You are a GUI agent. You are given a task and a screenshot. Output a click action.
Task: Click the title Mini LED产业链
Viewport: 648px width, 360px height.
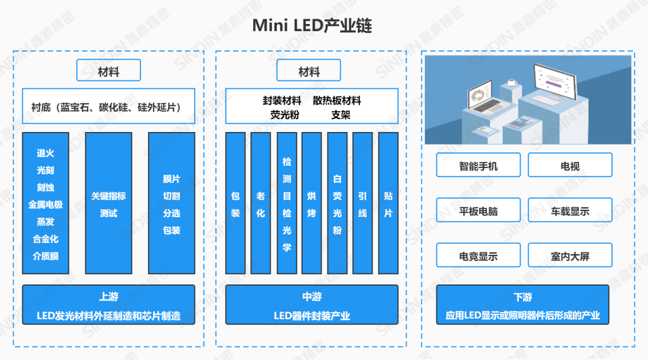[x=312, y=26]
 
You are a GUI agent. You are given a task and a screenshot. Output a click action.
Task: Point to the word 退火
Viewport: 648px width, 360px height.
[x=46, y=154]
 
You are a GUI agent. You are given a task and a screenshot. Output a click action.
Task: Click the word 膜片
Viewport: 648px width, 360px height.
[x=172, y=179]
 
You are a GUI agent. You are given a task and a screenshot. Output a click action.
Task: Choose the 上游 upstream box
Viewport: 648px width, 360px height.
[x=109, y=305]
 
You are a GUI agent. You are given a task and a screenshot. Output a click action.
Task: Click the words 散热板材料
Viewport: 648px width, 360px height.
[x=337, y=101]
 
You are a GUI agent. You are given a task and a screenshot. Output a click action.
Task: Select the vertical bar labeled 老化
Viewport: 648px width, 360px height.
[x=260, y=203]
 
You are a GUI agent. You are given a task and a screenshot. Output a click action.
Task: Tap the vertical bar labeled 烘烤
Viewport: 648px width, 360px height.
[x=311, y=203]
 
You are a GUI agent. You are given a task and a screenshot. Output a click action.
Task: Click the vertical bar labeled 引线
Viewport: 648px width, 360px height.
[x=362, y=203]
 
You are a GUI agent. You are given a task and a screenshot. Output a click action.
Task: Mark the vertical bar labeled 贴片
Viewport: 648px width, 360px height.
[x=388, y=203]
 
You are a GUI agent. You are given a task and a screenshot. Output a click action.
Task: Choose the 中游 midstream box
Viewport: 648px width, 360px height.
[x=311, y=305]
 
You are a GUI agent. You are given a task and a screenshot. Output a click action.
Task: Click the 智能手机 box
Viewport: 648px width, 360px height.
[x=478, y=165]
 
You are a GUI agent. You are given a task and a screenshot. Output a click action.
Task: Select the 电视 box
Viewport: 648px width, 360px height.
[x=570, y=165]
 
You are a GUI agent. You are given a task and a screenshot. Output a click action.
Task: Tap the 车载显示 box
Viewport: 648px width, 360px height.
[x=570, y=211]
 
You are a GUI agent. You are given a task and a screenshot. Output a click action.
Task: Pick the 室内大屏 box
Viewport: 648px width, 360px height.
[x=570, y=256]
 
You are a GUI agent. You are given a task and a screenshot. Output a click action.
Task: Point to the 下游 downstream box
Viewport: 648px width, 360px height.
[x=523, y=305]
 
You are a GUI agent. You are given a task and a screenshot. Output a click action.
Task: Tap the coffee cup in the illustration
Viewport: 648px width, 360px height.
[x=512, y=82]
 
